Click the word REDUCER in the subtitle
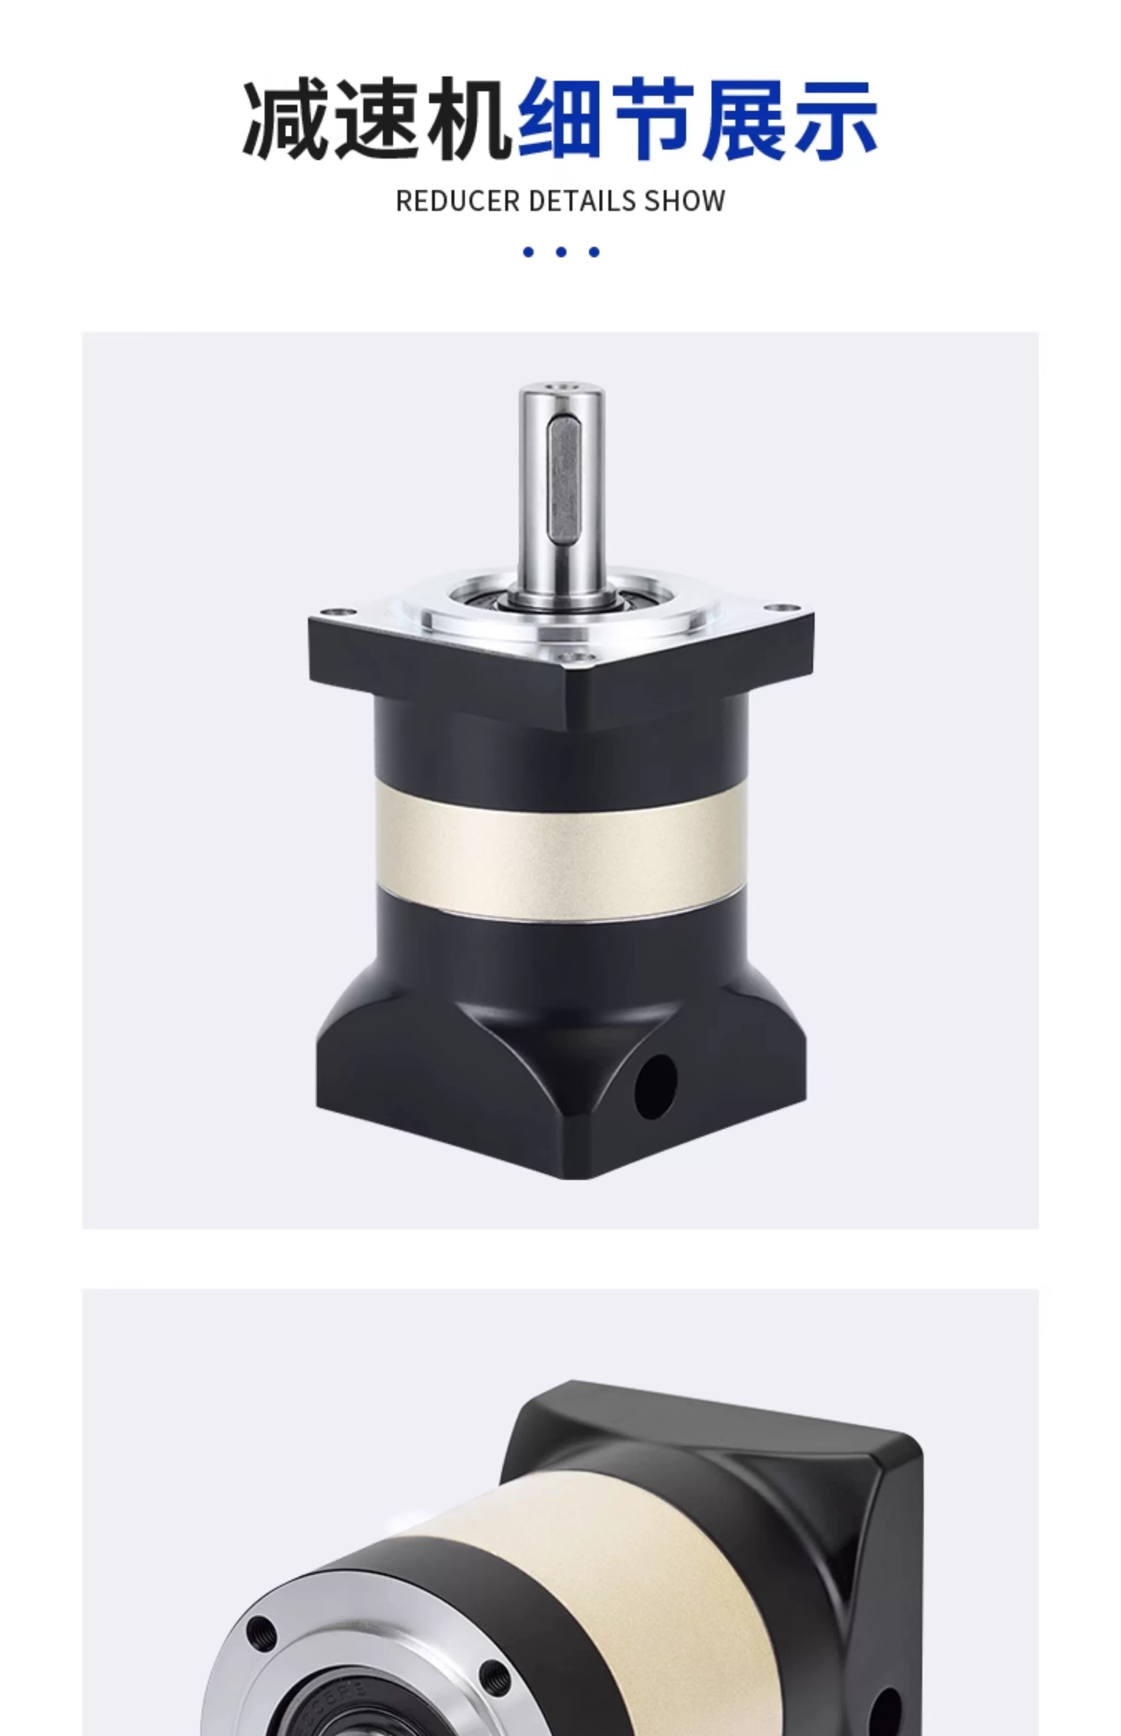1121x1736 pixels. pyautogui.click(x=458, y=201)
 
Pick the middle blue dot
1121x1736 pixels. pyautogui.click(x=561, y=252)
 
